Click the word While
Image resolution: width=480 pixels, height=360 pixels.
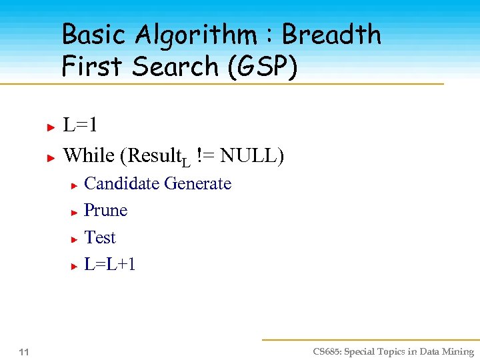(x=89, y=155)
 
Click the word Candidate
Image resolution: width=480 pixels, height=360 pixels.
(x=121, y=183)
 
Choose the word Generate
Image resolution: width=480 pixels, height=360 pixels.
(x=198, y=184)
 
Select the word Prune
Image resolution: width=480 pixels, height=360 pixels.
(x=105, y=211)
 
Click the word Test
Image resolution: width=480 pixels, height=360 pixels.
(x=100, y=238)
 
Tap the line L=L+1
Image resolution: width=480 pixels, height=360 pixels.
(x=110, y=265)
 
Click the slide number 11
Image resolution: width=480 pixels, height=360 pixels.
(x=24, y=352)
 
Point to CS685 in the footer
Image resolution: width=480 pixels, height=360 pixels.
(x=328, y=352)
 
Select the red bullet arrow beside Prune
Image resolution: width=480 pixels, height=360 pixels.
(x=75, y=212)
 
